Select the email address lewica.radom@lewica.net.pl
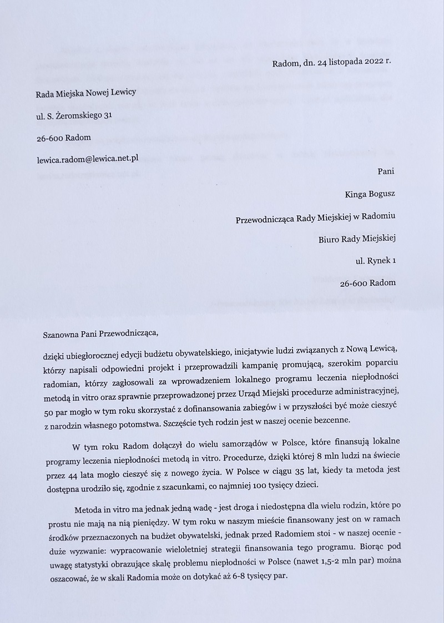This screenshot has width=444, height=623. pyautogui.click(x=87, y=158)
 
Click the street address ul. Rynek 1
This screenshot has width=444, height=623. pyautogui.click(x=375, y=260)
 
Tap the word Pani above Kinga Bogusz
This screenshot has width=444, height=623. pyautogui.click(x=385, y=171)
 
